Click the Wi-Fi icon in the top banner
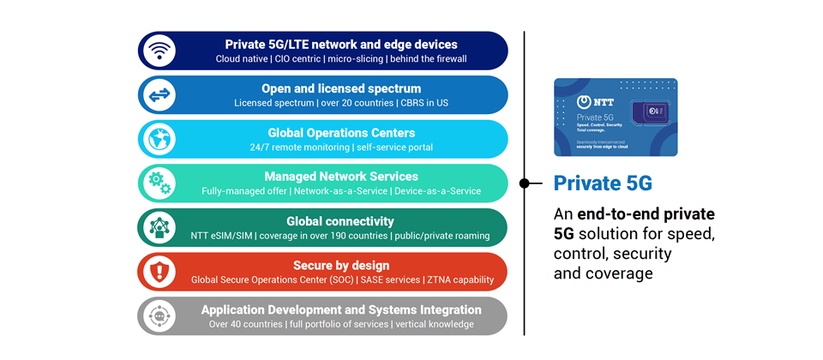[x=159, y=50]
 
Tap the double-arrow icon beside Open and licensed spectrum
[x=159, y=94]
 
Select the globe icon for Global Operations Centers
[x=159, y=139]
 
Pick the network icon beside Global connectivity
[x=159, y=227]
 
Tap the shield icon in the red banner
[x=159, y=272]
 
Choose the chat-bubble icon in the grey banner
[x=159, y=315]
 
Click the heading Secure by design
[x=341, y=265]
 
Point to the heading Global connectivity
[x=340, y=221]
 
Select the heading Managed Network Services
[x=341, y=177]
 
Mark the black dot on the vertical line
[x=525, y=183]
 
